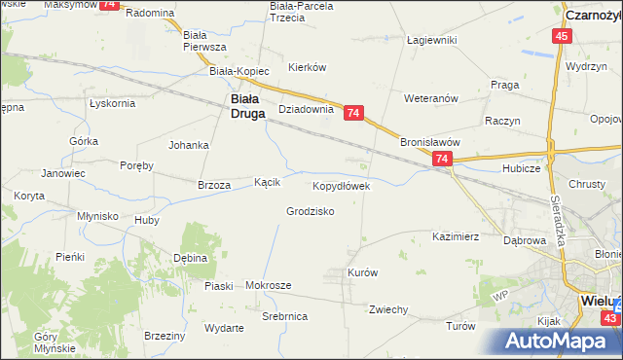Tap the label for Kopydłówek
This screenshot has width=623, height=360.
(x=340, y=185)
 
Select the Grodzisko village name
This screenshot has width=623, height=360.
(x=311, y=211)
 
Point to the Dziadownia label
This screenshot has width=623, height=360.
(x=307, y=110)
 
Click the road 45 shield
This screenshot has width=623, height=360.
(x=561, y=36)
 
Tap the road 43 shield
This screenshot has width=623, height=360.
(x=609, y=318)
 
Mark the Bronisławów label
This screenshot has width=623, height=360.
(x=429, y=141)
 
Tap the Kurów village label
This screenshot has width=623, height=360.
(x=362, y=273)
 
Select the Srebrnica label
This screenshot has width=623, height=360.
(x=285, y=317)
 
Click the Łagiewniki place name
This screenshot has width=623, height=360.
(x=431, y=40)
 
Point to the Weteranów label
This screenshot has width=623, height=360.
(x=431, y=98)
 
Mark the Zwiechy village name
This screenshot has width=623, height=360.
(x=387, y=309)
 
